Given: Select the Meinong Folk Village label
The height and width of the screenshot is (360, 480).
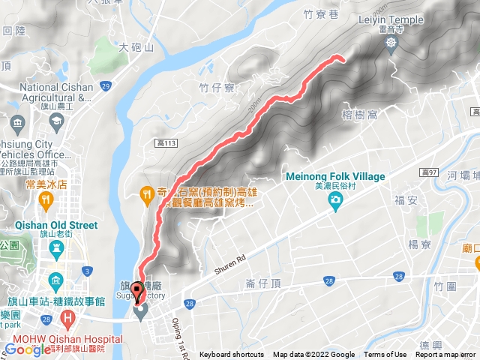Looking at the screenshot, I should coord(335,177).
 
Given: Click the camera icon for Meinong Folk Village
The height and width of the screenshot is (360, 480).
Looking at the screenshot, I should coord(335,199).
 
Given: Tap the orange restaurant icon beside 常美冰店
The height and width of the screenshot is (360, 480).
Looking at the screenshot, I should coord(46,199).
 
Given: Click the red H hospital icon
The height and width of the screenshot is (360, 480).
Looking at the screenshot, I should coord(69,318).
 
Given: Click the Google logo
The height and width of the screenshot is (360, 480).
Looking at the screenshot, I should coord(28,349).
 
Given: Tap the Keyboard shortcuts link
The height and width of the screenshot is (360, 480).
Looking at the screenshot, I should coord(231,355).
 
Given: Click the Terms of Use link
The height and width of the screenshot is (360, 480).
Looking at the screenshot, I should coord(385,355).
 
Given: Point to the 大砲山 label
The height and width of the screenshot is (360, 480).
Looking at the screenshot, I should coord(136,46).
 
